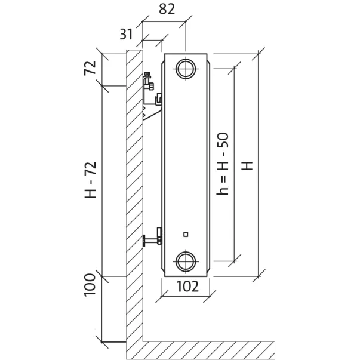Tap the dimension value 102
pyautogui.click(x=187, y=287)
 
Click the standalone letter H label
pyautogui.click(x=247, y=165)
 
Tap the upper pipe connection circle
pyautogui.click(x=186, y=69)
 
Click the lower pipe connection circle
pyautogui.click(x=186, y=260)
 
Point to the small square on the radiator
pyautogui.click(x=186, y=233)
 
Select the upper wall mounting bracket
pyautogui.click(x=152, y=96)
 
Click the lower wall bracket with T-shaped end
pyautogui.click(x=153, y=238)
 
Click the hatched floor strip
pyautogui.click(x=209, y=350)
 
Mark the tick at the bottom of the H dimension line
pyautogui.click(x=259, y=275)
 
